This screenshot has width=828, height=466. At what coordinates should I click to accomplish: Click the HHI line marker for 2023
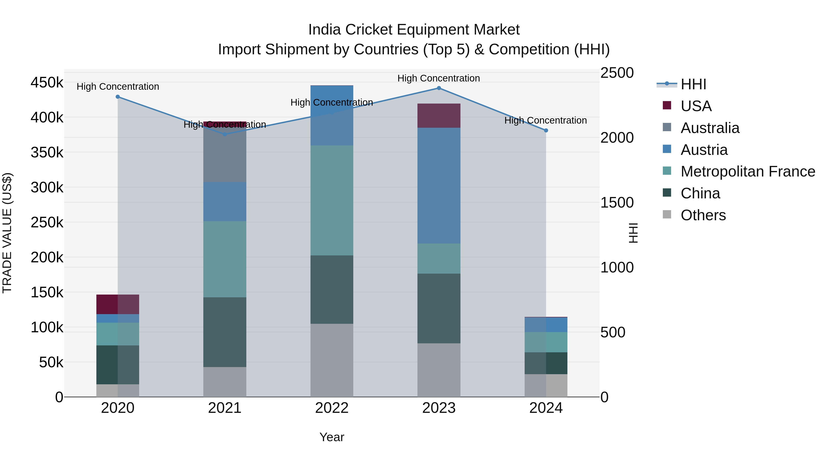[x=439, y=88]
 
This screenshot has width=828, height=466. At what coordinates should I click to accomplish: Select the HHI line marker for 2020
[x=118, y=97]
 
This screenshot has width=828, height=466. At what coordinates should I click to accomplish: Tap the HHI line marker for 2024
[x=546, y=130]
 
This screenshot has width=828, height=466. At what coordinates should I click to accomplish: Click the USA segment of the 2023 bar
[x=439, y=116]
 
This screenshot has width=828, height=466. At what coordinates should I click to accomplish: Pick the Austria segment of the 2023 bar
[x=439, y=185]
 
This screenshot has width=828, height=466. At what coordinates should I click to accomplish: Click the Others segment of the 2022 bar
[x=332, y=360]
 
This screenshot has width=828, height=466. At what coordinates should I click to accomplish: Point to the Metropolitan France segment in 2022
[x=332, y=200]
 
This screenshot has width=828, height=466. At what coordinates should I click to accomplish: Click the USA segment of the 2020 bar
[x=118, y=304]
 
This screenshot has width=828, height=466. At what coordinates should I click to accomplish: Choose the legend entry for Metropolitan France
[x=748, y=171]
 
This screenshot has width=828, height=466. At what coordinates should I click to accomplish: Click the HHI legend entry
[x=693, y=84]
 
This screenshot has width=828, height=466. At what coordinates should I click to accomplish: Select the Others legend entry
[x=703, y=215]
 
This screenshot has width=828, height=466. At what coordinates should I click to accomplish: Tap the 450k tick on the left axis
[x=47, y=83]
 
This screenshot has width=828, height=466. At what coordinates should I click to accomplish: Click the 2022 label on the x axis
[x=332, y=408]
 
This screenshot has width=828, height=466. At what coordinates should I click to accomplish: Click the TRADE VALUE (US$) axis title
[x=7, y=233]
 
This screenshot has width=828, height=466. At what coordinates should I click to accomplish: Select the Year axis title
[x=332, y=437]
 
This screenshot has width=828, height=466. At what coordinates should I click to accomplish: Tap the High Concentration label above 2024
[x=546, y=121]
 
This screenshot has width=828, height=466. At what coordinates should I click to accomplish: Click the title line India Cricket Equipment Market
[x=414, y=30]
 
